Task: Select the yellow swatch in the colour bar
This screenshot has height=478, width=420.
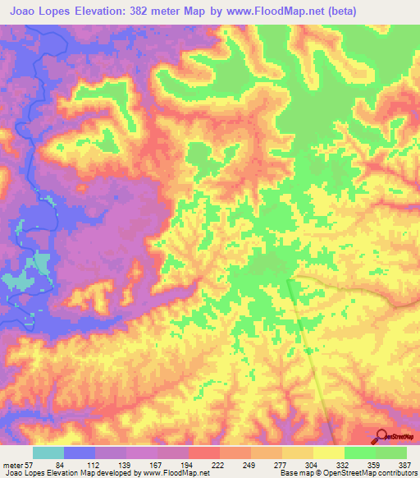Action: click(328, 453)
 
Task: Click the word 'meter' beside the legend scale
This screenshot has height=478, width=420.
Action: click(14, 465)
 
